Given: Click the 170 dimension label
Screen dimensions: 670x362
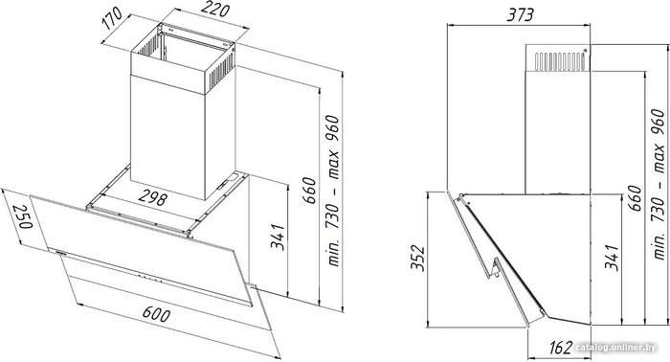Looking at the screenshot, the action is (113, 19).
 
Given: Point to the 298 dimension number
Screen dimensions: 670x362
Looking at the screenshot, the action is (152, 198).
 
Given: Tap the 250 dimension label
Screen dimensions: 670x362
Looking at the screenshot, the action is (22, 216).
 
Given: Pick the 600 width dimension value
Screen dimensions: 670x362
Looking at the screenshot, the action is (156, 314).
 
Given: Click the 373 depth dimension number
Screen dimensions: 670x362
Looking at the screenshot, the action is (520, 15).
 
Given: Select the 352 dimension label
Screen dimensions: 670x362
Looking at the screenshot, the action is (417, 258).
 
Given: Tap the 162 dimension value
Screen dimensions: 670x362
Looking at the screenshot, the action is (559, 347).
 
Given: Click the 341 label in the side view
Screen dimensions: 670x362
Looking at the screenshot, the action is (612, 258).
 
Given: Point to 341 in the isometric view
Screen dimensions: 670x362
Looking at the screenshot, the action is (278, 237).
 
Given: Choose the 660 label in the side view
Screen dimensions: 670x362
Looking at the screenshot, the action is (635, 198).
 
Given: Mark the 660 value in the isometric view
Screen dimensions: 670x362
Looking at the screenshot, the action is (308, 191).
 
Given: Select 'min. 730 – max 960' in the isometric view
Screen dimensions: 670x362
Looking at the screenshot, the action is (332, 191).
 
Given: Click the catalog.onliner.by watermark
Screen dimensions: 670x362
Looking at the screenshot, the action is (616, 348).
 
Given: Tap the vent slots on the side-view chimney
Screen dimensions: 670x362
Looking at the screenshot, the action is (560, 61).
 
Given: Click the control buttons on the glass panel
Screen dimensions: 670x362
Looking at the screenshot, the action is (151, 279).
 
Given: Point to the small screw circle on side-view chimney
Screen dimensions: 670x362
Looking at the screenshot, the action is (585, 51).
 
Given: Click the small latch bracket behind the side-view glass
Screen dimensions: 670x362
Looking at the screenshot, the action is (496, 268).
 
